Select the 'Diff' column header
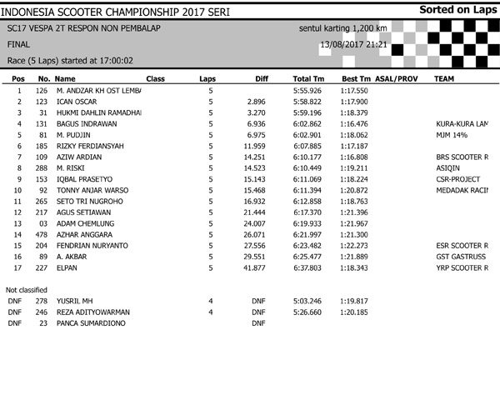(x=260, y=77)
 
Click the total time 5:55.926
(x=307, y=89)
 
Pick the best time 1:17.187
(x=354, y=145)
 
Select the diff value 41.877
(x=253, y=267)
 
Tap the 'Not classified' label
(x=27, y=289)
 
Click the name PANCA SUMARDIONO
(x=91, y=322)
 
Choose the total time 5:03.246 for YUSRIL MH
(x=307, y=300)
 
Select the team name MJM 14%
(x=451, y=134)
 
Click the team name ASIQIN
(x=448, y=167)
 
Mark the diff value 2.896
(x=255, y=101)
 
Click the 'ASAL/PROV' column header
(x=397, y=77)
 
